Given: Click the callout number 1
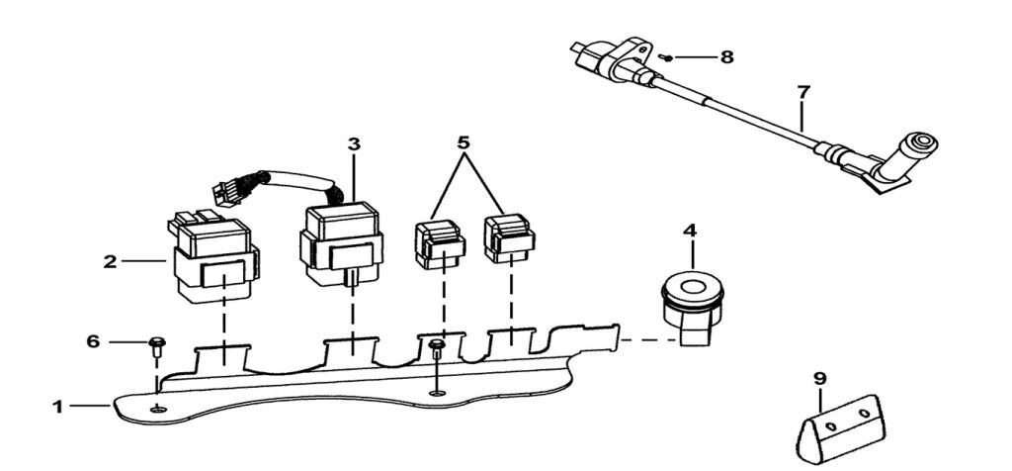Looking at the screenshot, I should (x=57, y=406).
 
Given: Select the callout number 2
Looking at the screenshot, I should (x=110, y=262).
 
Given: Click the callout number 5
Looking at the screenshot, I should (x=462, y=141).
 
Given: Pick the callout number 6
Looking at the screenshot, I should (x=93, y=341).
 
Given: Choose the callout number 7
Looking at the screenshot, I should (x=803, y=92).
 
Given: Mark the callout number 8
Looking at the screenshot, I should (x=726, y=57).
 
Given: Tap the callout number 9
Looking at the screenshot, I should (x=819, y=377).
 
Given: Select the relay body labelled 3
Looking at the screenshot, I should (x=339, y=244).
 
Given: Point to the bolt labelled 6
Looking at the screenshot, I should (x=156, y=345).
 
